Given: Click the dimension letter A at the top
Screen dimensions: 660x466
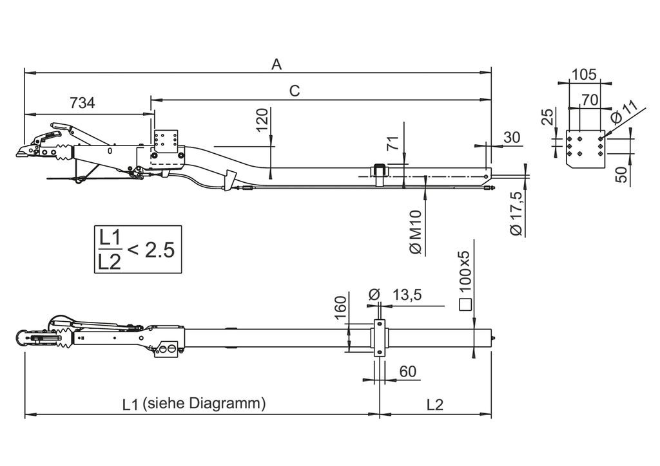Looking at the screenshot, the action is [x=276, y=64].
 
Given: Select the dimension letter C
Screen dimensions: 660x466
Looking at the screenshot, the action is [x=295, y=91].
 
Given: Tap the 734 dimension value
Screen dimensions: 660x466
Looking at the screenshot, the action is [x=82, y=103].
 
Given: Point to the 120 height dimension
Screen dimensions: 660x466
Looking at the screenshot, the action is [x=262, y=120].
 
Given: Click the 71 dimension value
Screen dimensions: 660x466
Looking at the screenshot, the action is [x=393, y=144].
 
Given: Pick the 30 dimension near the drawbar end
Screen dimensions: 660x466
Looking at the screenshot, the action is [x=512, y=137].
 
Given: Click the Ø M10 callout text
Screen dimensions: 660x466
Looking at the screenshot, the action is [x=416, y=232].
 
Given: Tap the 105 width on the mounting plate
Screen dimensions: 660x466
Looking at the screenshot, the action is [x=585, y=75].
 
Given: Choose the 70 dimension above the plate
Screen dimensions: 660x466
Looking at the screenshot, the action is [x=590, y=100].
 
